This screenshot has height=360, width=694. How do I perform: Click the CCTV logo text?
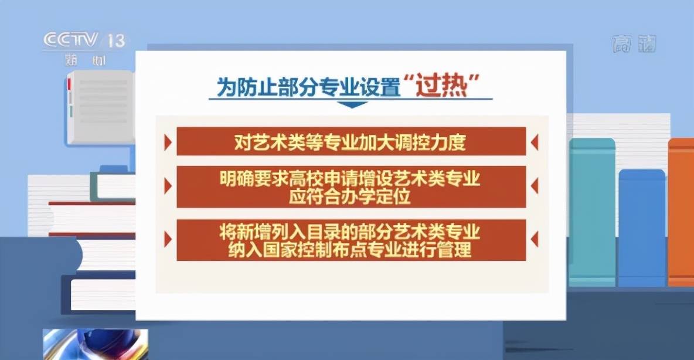70,40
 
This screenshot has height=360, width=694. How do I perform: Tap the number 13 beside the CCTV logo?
117,41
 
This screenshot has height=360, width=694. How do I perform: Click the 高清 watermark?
634,44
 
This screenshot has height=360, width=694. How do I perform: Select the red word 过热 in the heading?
441,86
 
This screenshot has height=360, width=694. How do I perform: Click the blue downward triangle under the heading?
352,104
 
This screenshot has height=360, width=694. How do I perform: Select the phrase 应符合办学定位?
350,196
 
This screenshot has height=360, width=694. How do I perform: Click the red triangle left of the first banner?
168,142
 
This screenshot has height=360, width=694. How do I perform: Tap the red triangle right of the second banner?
534,186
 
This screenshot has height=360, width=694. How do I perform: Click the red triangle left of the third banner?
168,239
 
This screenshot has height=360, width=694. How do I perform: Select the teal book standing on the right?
592,212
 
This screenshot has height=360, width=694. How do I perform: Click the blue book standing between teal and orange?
642,227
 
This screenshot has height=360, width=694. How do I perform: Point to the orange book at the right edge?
681,212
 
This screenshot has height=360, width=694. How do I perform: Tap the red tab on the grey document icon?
69,83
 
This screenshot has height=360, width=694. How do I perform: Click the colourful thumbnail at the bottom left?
96,344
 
